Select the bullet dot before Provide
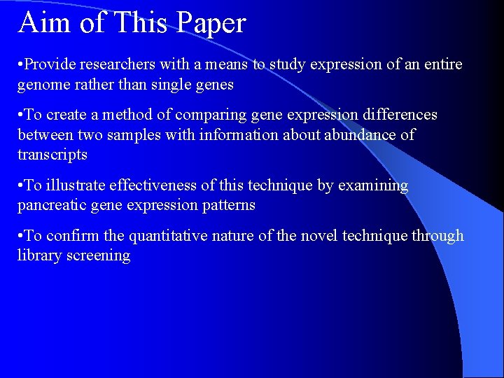(21, 65)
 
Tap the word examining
(372, 185)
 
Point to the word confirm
(65, 236)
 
